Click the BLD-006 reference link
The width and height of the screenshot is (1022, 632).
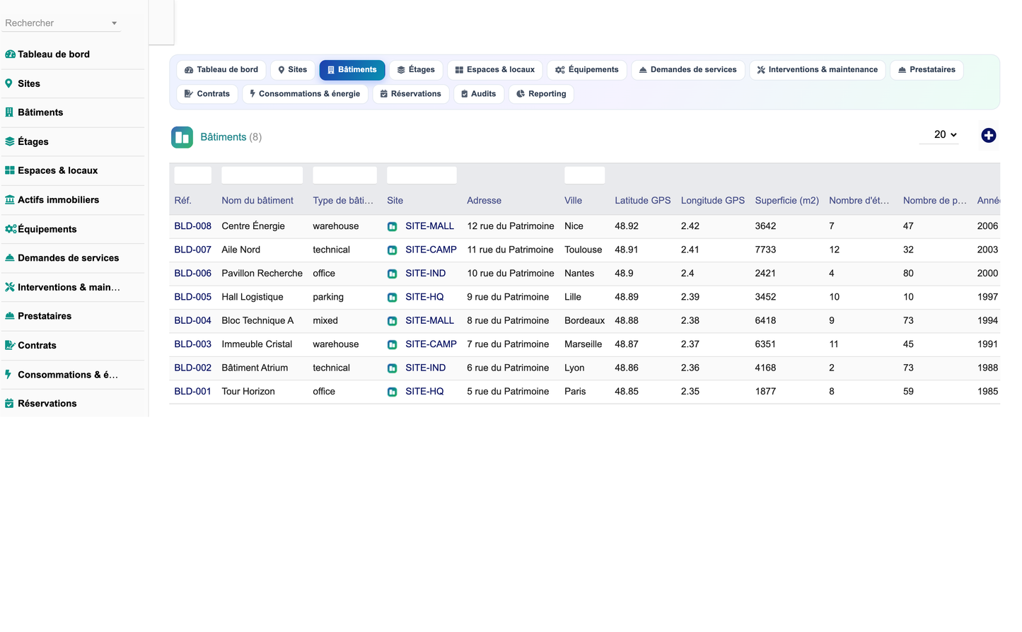192,273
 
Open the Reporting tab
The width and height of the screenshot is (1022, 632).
541,94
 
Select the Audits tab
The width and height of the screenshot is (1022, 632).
479,94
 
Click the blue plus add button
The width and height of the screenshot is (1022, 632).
988,136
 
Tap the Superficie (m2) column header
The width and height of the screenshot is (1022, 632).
786,201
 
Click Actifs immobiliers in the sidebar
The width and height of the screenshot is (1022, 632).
59,200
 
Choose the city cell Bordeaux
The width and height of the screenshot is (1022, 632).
584,320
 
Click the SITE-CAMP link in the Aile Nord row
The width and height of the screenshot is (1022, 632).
431,250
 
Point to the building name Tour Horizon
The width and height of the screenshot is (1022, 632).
248,391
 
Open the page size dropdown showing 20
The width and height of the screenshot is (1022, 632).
944,134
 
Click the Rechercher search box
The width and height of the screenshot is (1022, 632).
61,23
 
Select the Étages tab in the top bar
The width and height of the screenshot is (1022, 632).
416,70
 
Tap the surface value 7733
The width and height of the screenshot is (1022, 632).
765,250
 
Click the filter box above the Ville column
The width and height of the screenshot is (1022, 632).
584,175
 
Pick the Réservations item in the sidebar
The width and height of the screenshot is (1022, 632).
47,404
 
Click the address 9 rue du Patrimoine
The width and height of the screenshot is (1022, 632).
508,297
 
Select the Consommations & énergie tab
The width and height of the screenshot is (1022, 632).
306,94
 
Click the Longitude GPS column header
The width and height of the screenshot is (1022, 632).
713,201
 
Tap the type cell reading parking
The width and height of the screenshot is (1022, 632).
328,297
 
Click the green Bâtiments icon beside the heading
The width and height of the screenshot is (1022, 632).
182,137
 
